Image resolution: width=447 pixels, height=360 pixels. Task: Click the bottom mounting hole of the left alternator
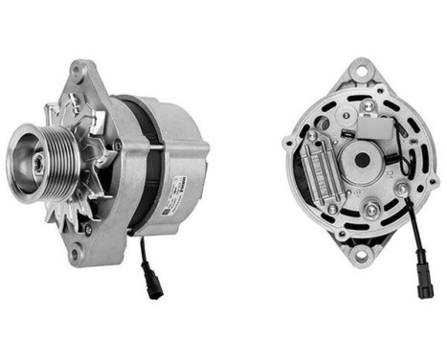click(75, 251)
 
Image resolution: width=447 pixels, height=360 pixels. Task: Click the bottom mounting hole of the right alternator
click(360, 255)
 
